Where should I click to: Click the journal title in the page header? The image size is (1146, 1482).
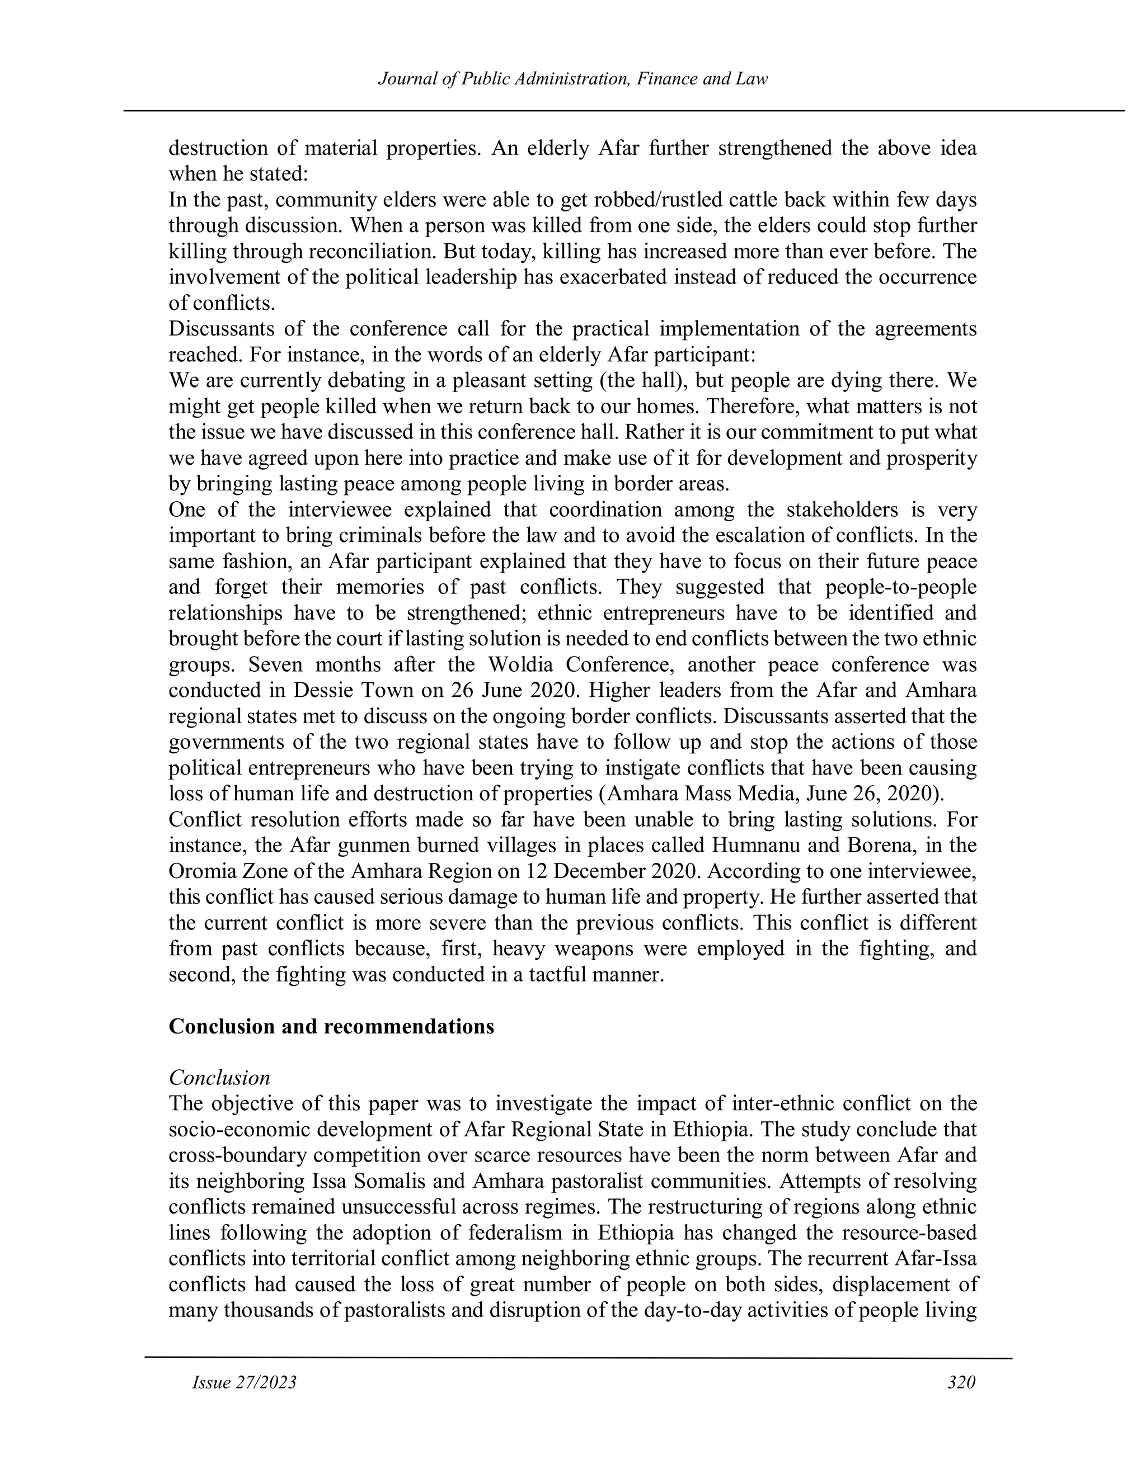click(x=572, y=79)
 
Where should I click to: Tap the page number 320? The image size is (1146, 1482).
click(x=961, y=1382)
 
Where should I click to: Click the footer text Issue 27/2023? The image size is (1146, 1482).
click(x=245, y=1382)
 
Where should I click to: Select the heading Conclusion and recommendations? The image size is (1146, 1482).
click(x=331, y=1026)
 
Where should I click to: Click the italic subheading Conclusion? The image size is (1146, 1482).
click(x=219, y=1078)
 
